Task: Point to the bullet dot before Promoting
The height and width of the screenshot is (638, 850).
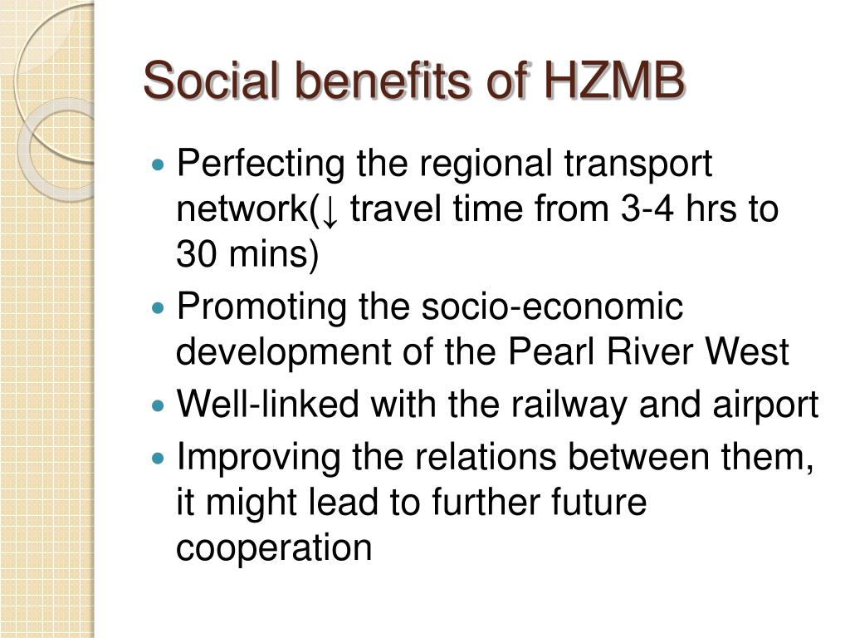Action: tap(158, 308)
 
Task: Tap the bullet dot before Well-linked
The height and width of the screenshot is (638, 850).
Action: tap(158, 405)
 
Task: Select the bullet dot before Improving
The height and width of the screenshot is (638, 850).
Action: tap(158, 458)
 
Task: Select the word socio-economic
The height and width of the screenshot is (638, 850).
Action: tap(552, 307)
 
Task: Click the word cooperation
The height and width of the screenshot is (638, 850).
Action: tap(274, 549)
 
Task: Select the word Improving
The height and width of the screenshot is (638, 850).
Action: tap(259, 459)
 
